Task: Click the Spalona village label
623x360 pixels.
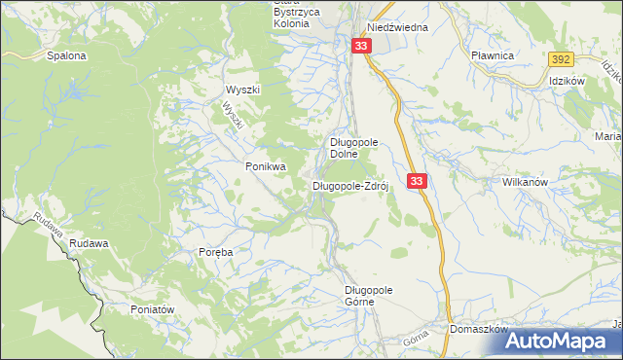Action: [66, 55]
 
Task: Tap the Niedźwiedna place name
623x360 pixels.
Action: [397, 27]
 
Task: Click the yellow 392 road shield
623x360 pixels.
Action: [559, 59]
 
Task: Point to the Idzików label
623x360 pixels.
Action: [566, 81]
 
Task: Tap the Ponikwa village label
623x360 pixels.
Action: [266, 166]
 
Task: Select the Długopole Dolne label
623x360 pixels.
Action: [353, 147]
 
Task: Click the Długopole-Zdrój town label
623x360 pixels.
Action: [350, 186]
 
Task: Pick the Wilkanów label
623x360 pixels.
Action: [527, 182]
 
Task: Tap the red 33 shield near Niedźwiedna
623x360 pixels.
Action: [362, 47]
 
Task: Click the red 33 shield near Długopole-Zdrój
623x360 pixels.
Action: [417, 181]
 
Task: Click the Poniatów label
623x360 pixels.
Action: [151, 308]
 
